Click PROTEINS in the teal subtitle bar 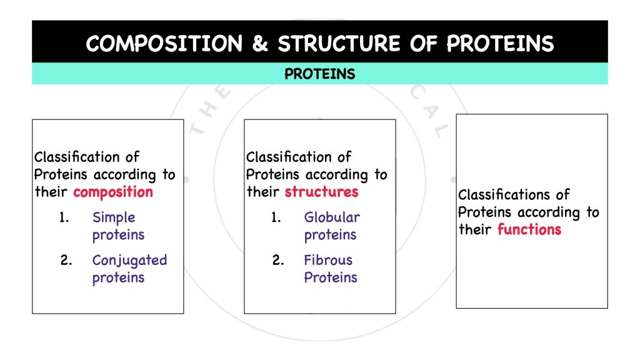tap(319, 74)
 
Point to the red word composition tap(112, 192)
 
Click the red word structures tap(321, 192)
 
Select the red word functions tap(529, 229)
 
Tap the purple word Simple tap(114, 217)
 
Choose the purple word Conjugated tap(129, 261)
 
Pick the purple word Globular tap(332, 217)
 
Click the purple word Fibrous tap(328, 260)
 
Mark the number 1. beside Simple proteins tap(64, 217)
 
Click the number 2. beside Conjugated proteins tap(66, 260)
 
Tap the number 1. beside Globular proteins tap(276, 217)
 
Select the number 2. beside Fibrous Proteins tap(278, 260)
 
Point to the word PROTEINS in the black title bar tap(499, 44)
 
